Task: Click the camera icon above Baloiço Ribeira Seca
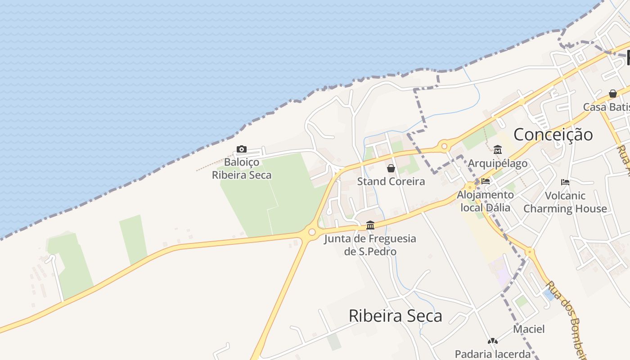pos(242,149)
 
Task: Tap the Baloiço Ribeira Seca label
pos(242,168)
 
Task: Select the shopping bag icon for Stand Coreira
pos(391,168)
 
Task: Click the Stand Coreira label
pos(391,181)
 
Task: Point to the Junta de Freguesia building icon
pos(370,225)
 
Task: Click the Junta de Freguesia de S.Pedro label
pos(370,245)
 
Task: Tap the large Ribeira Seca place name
pos(395,315)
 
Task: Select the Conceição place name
pos(553,135)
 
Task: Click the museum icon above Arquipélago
pos(498,149)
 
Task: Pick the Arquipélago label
pos(498,163)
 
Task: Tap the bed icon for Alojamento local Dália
pos(486,181)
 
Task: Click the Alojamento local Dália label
pos(485,201)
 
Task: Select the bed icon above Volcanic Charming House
pos(565,182)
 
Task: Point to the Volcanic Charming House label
pos(565,202)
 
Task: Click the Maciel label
pos(529,329)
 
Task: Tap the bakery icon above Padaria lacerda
pos(493,341)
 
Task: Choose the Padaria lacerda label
pos(493,354)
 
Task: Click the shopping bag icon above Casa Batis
pos(613,94)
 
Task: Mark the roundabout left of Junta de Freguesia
pos(311,232)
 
